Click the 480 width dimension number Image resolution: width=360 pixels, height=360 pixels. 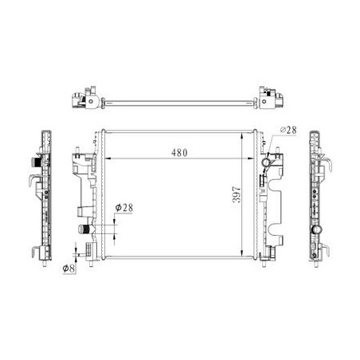pos(179,153)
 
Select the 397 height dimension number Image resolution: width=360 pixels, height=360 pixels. pos(237,194)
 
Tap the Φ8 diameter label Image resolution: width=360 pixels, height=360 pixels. pos(68,268)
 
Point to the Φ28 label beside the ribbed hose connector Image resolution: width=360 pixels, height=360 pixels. pos(124,208)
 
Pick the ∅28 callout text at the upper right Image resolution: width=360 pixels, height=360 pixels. pos(288,130)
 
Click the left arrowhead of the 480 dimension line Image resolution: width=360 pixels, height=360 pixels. pos(108,158)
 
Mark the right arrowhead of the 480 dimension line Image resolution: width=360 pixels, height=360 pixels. pos(251,158)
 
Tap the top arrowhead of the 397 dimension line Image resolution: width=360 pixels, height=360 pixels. pos(241,136)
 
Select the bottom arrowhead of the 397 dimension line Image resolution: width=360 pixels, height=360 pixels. pos(241,253)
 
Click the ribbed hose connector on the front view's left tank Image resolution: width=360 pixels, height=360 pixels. pos(84,229)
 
